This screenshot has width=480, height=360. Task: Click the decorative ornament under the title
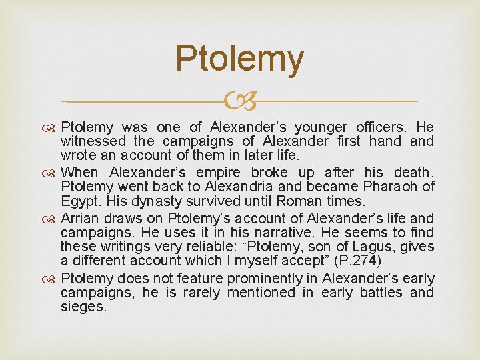point(240,101)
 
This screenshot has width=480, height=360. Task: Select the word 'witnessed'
point(93,141)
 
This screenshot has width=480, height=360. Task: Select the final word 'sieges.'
point(83,307)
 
